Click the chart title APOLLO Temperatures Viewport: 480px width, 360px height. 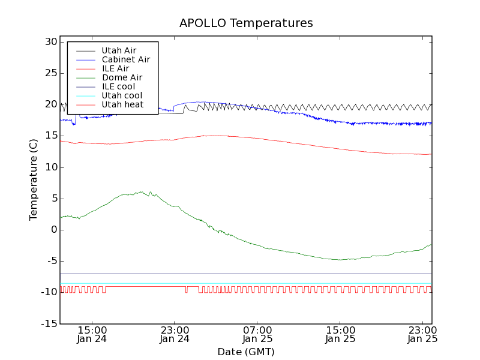246,23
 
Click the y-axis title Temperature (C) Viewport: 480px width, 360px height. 34,180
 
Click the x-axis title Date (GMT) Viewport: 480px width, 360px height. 246,352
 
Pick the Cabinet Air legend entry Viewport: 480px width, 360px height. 125,59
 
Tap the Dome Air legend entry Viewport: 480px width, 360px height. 122,77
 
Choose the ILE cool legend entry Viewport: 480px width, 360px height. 118,86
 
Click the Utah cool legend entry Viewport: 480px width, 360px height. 122,95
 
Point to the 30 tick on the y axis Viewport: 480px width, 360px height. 50,42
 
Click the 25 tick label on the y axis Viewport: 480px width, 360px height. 50,73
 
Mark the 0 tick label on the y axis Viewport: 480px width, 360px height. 53,230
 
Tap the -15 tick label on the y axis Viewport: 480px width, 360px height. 48,324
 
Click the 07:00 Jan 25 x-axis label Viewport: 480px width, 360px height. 257,334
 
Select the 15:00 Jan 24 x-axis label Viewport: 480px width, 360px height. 92,334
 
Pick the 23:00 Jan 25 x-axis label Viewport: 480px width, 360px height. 423,334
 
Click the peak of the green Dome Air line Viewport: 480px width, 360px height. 142,192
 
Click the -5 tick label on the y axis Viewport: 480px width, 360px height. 50,261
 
